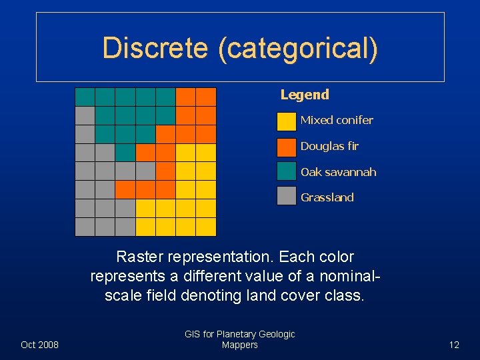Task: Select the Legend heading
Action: tap(305, 95)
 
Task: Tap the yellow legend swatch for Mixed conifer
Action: tap(287, 121)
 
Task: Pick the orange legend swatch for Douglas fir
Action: tap(287, 146)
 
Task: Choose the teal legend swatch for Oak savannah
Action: tap(287, 172)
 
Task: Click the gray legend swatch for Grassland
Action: tap(287, 197)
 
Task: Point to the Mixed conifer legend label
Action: tap(337, 121)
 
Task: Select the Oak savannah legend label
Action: tap(338, 172)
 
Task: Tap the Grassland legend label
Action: tap(327, 197)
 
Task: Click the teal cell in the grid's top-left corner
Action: tap(85, 97)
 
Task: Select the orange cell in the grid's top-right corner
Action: tap(206, 97)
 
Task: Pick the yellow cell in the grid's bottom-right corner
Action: tap(206, 227)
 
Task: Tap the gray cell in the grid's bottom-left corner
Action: tap(85, 227)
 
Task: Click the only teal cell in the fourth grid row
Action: tap(125, 153)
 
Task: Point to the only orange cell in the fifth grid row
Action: tap(165, 171)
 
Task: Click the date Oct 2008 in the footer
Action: tap(40, 345)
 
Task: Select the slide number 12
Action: tap(454, 345)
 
